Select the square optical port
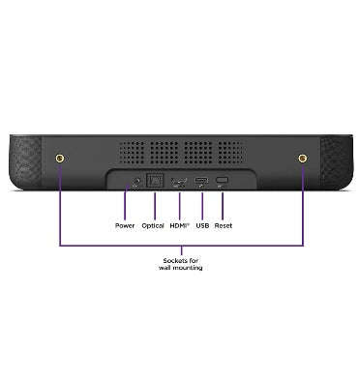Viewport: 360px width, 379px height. (x=153, y=181)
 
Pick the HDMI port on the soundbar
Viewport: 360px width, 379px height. (x=180, y=182)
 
